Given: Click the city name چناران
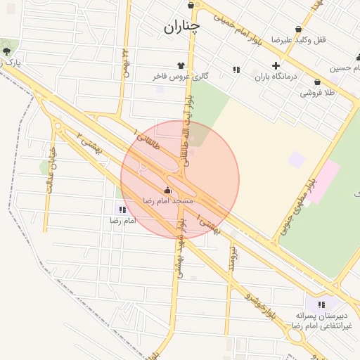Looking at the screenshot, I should [182, 27].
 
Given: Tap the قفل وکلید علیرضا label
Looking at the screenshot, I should [309, 40].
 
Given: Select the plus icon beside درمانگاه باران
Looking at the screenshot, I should [275, 65].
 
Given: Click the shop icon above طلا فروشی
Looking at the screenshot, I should [318, 82].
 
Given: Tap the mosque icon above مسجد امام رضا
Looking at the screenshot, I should [167, 190].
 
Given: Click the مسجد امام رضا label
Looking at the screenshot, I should [167, 201].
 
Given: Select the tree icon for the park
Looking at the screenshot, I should [7, 51].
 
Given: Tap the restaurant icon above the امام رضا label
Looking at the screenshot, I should [123, 210].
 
